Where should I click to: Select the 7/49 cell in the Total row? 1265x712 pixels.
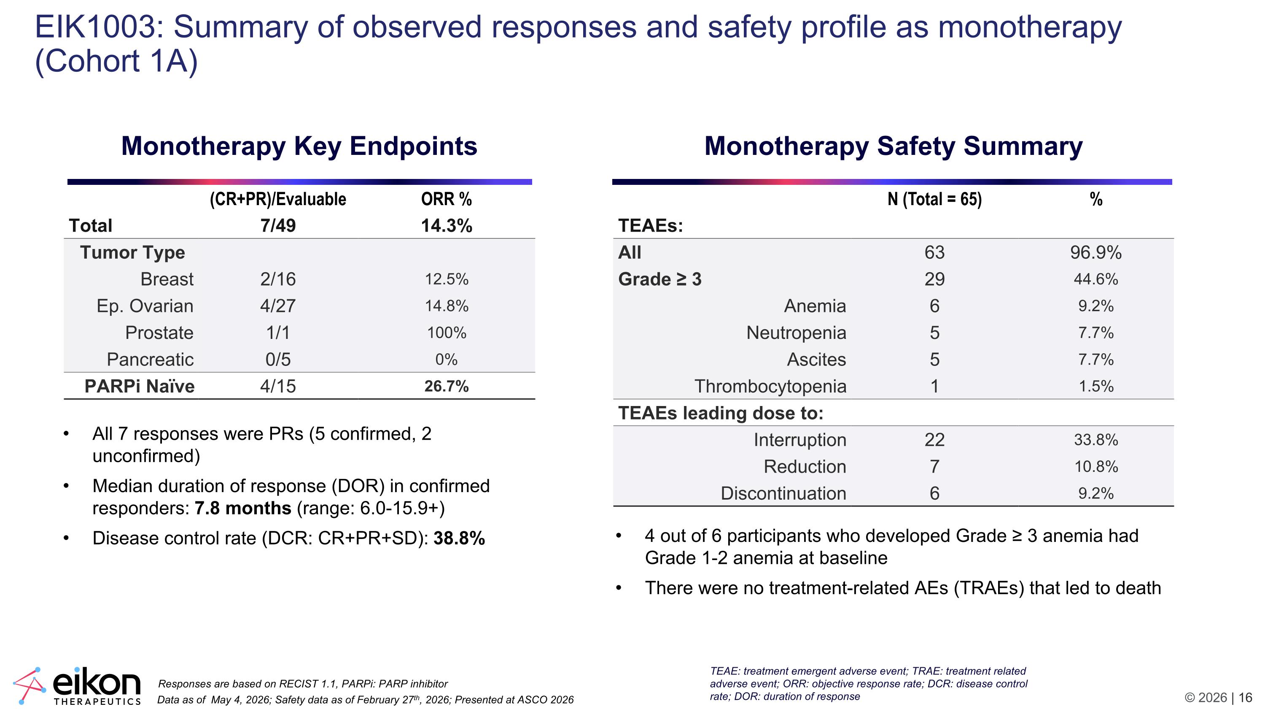pos(278,225)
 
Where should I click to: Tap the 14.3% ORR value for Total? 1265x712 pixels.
pos(447,225)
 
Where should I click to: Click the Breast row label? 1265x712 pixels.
pos(167,279)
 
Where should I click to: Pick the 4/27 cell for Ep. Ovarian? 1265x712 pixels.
pos(278,306)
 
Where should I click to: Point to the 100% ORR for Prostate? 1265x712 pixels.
pos(447,333)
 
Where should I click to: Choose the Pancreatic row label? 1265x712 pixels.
pos(150,359)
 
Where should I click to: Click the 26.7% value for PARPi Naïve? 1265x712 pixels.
pos(447,386)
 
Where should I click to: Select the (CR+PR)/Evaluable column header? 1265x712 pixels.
pos(278,199)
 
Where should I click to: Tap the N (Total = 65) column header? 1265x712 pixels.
pos(934,199)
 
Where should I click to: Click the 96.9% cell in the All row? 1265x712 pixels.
pos(1096,252)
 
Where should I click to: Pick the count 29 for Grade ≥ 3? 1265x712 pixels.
pos(934,279)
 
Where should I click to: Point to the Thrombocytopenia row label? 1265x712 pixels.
pos(770,386)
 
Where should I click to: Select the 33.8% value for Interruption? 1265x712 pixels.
pos(1096,439)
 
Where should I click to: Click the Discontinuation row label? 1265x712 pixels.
pos(784,493)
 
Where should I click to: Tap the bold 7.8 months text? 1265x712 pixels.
pos(242,508)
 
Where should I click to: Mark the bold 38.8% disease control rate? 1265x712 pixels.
pos(459,539)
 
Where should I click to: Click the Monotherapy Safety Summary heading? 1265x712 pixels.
pos(893,146)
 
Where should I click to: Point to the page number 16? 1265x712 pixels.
pos(1245,698)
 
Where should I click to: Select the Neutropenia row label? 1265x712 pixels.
pos(797,333)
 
